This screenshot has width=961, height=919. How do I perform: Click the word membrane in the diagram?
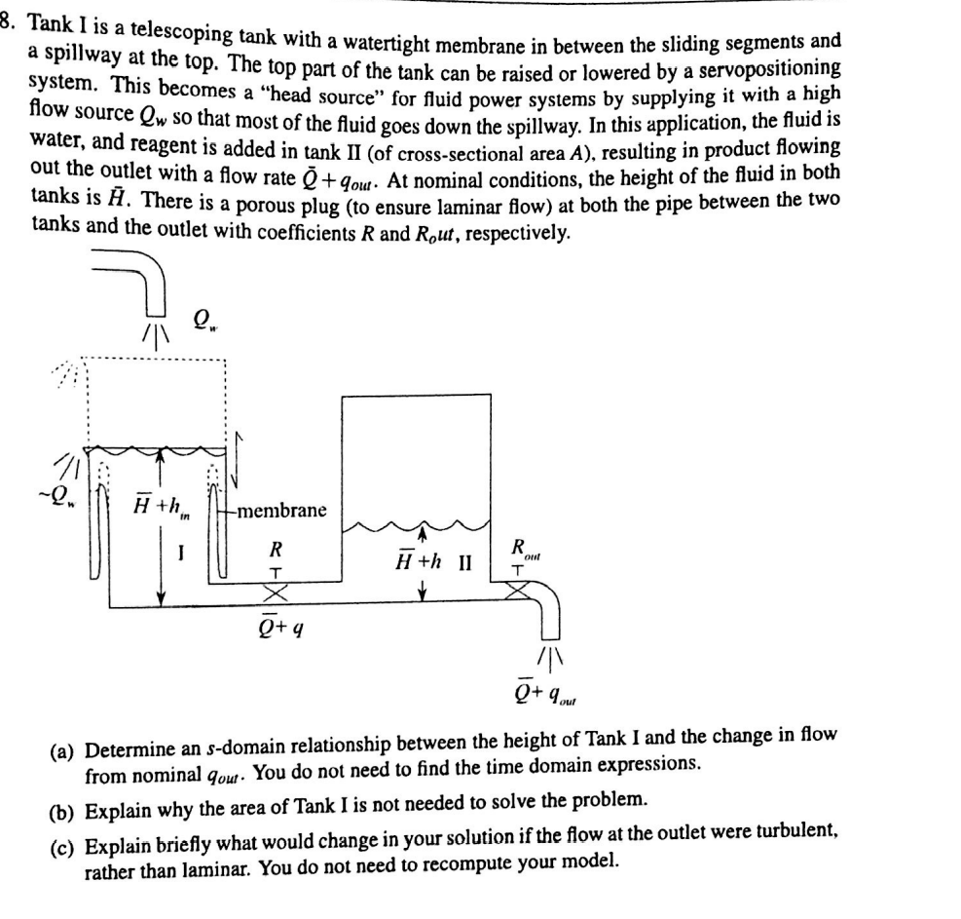tap(282, 511)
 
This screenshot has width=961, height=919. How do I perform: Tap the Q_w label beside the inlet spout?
tap(204, 321)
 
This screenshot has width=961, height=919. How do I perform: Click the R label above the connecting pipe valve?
tap(276, 549)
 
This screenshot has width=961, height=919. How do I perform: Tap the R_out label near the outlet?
tap(527, 548)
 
